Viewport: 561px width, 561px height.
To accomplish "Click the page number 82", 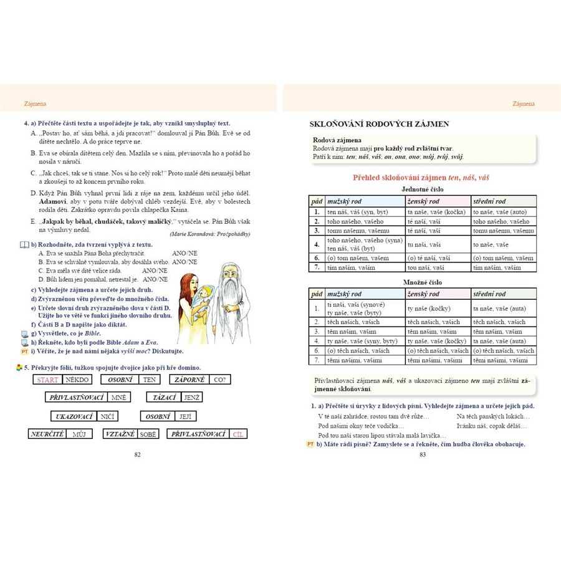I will click(x=137, y=454).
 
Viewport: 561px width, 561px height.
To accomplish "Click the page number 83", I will click(x=422, y=454).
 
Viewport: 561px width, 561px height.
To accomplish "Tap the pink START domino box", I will click(x=48, y=380).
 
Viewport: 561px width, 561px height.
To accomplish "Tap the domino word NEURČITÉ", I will click(x=47, y=434).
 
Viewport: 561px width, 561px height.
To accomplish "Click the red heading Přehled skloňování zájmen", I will click(x=421, y=178).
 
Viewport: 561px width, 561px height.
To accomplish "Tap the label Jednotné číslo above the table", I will click(x=421, y=188).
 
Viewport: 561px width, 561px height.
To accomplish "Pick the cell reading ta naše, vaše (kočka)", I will click(x=437, y=212).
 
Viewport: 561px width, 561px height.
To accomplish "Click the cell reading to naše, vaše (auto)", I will click(x=499, y=212).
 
